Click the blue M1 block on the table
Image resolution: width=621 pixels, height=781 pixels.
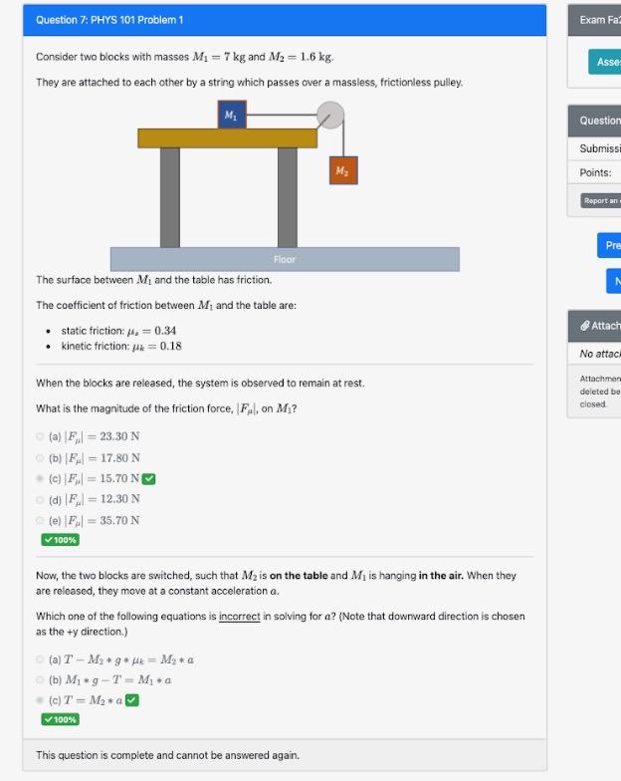[x=231, y=115]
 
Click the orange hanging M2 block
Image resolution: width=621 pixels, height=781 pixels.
[x=341, y=170]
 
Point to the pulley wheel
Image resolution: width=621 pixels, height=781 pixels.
[x=330, y=117]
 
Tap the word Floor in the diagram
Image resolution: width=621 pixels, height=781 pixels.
[x=285, y=259]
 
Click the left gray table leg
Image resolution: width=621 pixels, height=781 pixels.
[x=170, y=197]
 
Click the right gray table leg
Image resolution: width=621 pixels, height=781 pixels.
[x=288, y=197]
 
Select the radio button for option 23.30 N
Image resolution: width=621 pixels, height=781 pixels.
[x=40, y=435]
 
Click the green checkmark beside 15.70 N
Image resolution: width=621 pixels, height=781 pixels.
[x=148, y=478]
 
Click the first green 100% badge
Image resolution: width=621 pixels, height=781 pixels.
[x=60, y=540]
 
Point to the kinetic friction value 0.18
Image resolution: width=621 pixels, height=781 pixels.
[x=168, y=347]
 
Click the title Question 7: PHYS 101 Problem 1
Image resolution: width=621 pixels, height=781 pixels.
[x=109, y=20]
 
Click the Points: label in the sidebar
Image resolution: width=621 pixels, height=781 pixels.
[x=595, y=172]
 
